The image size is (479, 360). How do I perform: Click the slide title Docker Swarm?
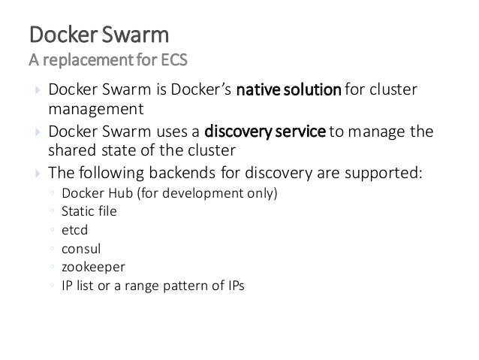(x=98, y=35)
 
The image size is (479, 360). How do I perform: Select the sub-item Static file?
(x=89, y=212)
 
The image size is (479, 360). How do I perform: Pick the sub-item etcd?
(x=75, y=230)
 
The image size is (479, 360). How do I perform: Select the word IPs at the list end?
(x=234, y=286)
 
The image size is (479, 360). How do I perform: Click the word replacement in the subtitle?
(x=76, y=59)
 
